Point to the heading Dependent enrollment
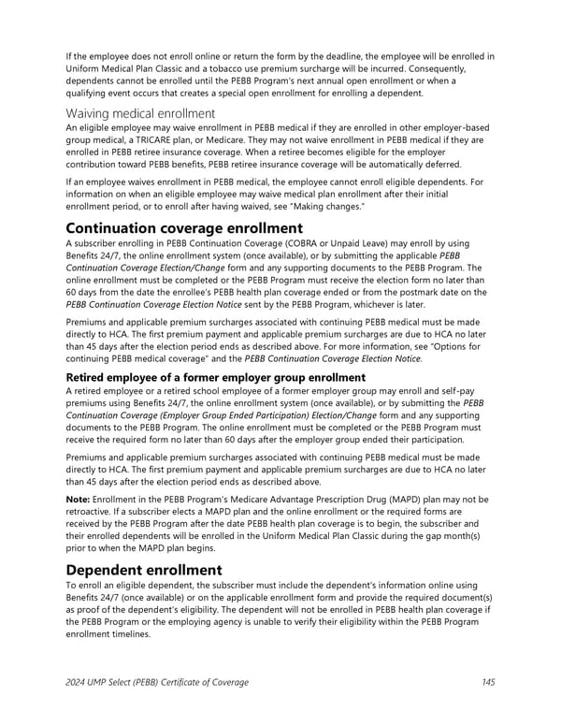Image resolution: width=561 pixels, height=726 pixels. click(x=143, y=570)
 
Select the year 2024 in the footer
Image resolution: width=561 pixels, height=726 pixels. click(x=76, y=682)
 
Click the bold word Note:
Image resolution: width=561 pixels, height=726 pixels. click(x=79, y=500)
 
